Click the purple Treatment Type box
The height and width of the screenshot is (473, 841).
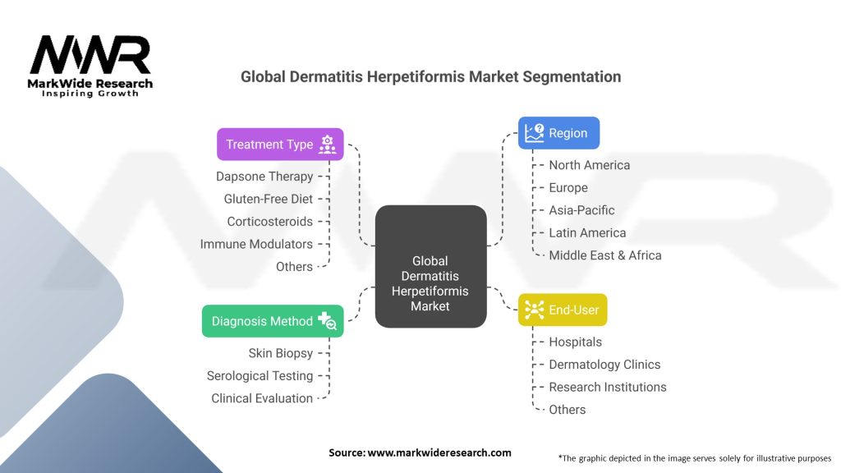click(x=280, y=145)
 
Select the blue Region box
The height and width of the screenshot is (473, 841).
click(x=558, y=133)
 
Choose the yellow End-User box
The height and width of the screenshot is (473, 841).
click(x=563, y=310)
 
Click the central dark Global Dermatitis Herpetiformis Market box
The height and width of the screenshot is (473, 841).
click(x=430, y=266)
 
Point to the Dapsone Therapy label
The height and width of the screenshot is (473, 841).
click(x=264, y=177)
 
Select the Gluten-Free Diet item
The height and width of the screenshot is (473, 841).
click(x=269, y=199)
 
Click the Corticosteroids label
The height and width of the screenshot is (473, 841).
click(x=270, y=222)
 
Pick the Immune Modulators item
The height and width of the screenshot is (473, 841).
click(x=256, y=244)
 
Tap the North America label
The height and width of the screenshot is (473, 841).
click(x=589, y=165)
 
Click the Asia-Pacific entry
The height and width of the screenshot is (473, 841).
click(x=581, y=210)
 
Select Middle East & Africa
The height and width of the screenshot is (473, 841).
click(x=604, y=255)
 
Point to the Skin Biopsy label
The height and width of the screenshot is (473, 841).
click(x=280, y=353)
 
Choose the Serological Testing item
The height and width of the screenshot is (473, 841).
click(x=260, y=376)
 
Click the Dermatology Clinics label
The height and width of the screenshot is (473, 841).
click(x=604, y=365)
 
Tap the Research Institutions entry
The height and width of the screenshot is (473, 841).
click(x=607, y=387)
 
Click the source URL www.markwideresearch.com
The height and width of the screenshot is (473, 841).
click(x=439, y=452)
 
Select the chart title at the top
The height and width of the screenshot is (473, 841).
click(x=430, y=76)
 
